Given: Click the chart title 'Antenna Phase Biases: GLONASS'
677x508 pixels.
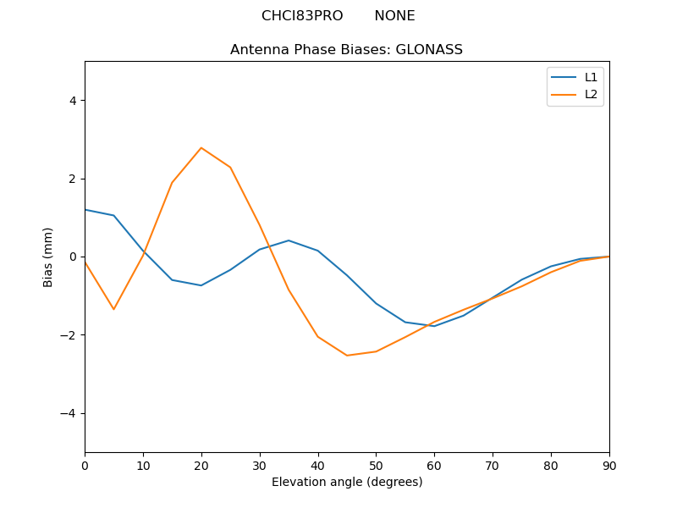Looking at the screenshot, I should click(346, 50).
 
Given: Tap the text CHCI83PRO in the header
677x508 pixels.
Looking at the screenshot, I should click(302, 16).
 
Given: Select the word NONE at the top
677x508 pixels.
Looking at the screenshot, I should click(394, 16).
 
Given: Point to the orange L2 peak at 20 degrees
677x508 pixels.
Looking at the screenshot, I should click(201, 148).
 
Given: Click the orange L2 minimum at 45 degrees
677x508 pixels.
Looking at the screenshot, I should click(347, 356).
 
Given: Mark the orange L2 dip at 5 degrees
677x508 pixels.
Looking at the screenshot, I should click(113, 309).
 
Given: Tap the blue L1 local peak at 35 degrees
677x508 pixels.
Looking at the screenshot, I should click(289, 240).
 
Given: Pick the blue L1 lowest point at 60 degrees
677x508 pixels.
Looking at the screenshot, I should click(434, 326).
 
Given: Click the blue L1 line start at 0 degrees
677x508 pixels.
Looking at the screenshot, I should click(85, 210).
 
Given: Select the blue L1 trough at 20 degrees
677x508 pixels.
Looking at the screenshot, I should click(201, 285).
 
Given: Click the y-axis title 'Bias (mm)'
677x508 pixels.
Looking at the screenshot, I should click(48, 257).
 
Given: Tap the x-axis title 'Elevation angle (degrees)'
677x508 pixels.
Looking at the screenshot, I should click(347, 482).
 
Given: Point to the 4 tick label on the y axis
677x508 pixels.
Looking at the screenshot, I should click(72, 101).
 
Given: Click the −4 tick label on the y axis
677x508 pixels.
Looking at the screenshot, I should click(69, 413).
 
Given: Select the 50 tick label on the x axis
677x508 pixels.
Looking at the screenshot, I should click(376, 465).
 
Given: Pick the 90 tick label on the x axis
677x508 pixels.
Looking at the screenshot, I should click(609, 465).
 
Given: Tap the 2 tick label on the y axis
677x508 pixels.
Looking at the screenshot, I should click(72, 179).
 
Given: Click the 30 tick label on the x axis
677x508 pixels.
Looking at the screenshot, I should click(260, 465).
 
